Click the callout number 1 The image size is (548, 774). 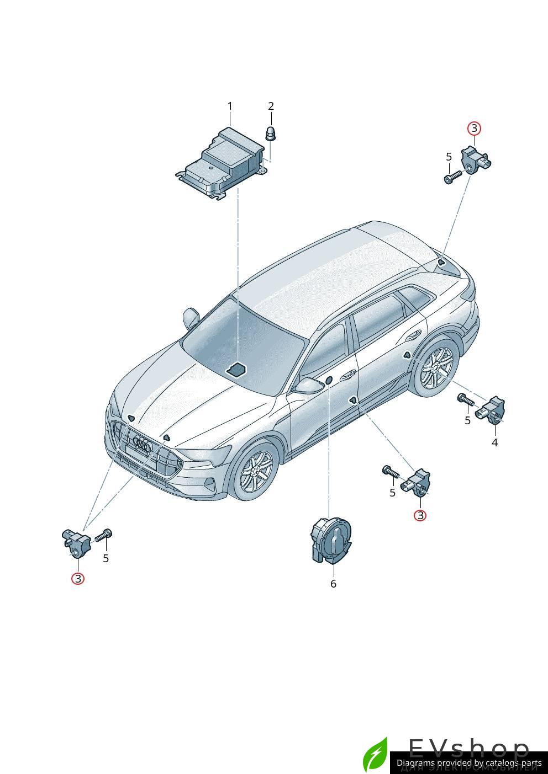(230, 106)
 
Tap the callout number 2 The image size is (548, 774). (271, 106)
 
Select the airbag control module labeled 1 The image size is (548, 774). (221, 164)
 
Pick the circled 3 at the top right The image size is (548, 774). (474, 129)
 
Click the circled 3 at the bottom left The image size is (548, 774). (78, 579)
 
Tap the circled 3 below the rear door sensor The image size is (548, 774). (420, 515)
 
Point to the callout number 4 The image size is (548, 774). (494, 442)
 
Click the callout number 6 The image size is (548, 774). (333, 584)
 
